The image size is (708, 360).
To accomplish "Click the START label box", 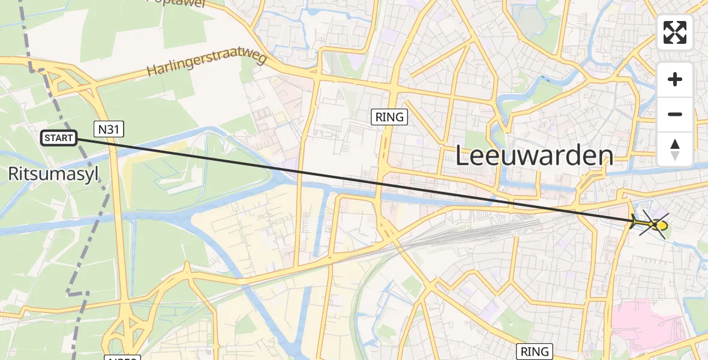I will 59,139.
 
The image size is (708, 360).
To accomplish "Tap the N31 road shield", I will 104,128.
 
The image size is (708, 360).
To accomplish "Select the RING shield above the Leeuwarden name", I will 389,117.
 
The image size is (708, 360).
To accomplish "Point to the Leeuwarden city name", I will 534,156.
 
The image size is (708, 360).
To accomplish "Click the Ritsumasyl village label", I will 53,174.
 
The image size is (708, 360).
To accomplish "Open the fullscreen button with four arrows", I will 675,32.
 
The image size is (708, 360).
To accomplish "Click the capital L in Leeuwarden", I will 463,157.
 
